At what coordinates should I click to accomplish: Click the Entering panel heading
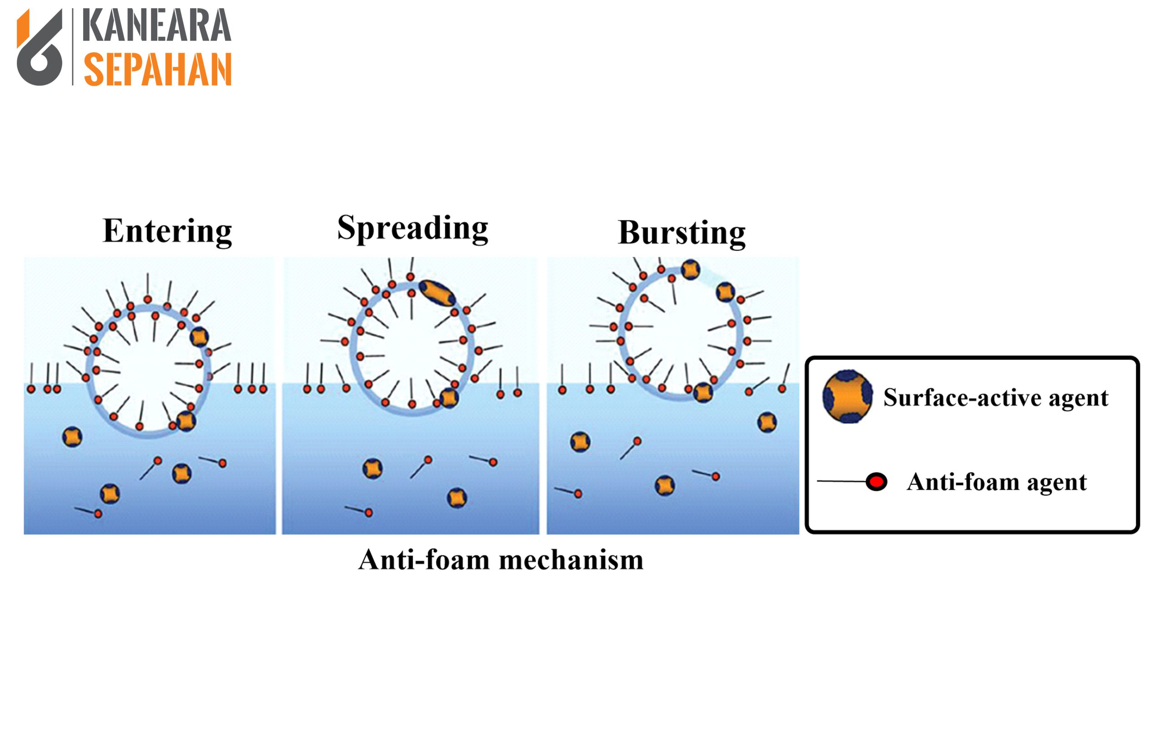click(167, 231)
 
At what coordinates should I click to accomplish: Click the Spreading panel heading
click(412, 228)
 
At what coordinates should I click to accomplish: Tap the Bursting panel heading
click(681, 233)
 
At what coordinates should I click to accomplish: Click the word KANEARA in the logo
click(156, 26)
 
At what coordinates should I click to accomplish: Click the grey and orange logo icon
click(40, 47)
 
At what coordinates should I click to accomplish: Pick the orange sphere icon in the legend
click(847, 396)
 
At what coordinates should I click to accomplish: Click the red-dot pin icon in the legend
click(875, 482)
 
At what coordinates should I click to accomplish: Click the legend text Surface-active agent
click(995, 398)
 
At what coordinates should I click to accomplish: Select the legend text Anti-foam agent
click(996, 482)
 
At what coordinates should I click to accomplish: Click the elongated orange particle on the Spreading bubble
click(437, 293)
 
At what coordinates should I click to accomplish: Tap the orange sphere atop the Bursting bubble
click(690, 270)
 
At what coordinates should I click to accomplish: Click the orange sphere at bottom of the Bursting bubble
click(702, 392)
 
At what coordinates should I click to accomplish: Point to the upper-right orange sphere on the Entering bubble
click(199, 336)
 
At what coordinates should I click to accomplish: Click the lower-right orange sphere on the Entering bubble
click(186, 421)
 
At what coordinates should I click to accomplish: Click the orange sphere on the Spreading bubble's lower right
click(449, 398)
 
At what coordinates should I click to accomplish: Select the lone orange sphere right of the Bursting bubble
click(767, 422)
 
